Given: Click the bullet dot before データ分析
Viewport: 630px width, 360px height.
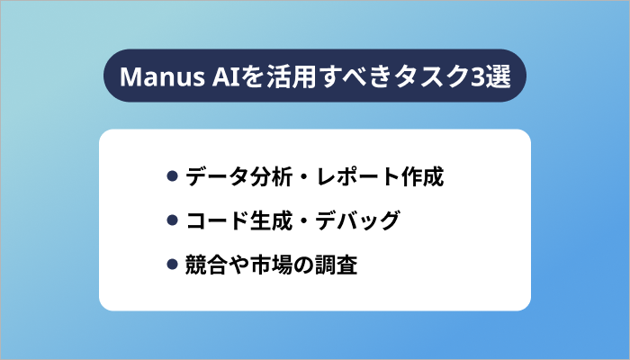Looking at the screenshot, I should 172,175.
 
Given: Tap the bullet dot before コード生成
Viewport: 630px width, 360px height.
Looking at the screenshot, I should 172,220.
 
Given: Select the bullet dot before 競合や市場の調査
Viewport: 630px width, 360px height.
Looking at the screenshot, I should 172,265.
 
